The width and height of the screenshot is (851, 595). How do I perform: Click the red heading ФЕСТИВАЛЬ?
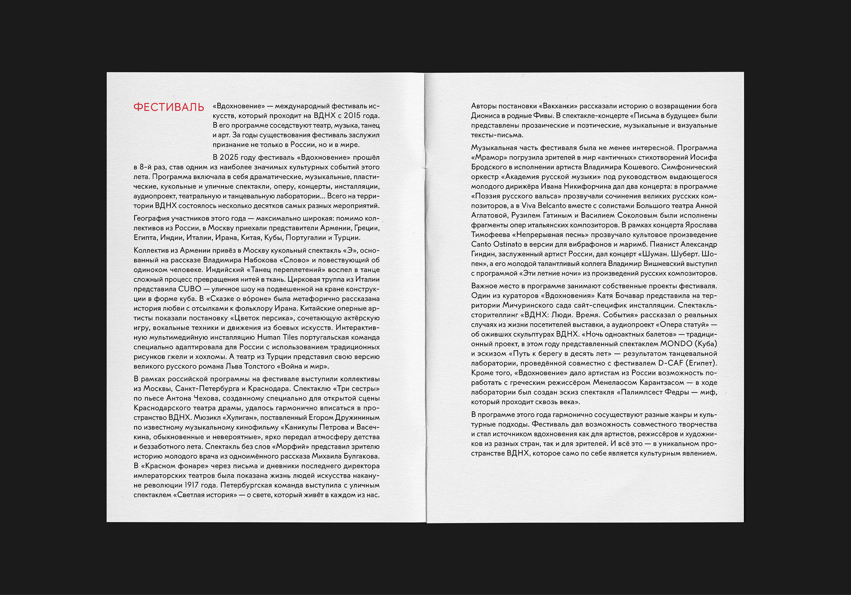[169, 107]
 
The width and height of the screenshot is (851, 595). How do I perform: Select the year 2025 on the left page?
[229, 158]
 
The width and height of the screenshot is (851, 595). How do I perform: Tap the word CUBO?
[189, 289]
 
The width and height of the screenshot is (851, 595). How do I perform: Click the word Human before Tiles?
[269, 337]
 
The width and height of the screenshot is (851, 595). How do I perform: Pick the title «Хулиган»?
[239, 417]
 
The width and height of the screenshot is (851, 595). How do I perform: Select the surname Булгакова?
[353, 456]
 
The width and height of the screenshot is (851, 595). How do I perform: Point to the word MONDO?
[676, 344]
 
